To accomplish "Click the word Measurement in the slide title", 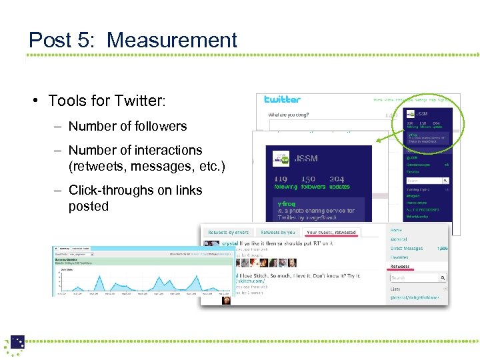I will coord(172,41).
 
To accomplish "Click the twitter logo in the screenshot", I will coord(282,99).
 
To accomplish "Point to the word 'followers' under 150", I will coord(312,187).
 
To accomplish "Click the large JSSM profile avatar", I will coord(281,159).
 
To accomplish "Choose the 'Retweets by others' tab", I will coord(229,232).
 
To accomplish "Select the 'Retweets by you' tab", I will coord(277,232).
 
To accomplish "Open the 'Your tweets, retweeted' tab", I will coord(331,232).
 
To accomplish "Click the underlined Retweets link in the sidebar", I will coord(401,267).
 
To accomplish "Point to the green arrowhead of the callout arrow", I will coord(377,141).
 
